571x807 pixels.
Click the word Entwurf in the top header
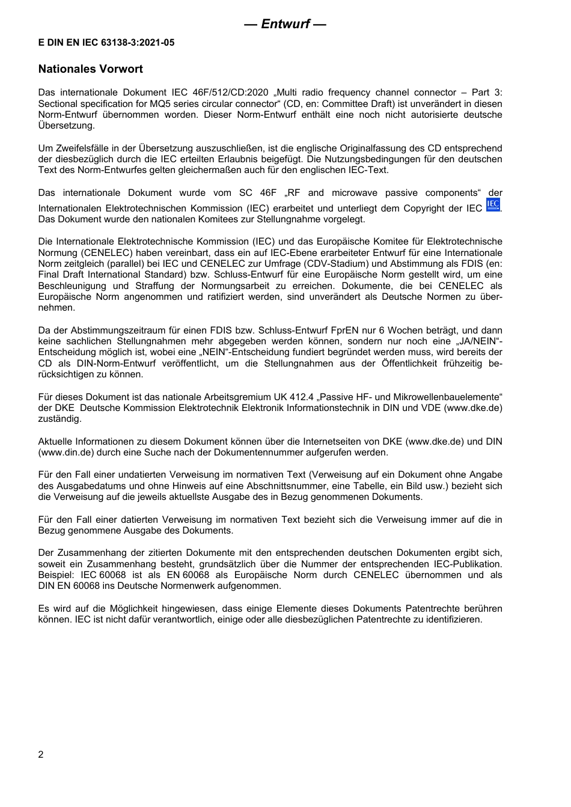285,24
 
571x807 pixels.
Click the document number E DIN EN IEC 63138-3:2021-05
106,43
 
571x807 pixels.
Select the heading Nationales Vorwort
90,69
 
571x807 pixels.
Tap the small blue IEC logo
493,205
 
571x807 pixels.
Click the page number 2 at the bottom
41,755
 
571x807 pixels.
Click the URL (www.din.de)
63,452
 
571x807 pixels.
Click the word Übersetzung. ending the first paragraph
66,126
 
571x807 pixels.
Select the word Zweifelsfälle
85,148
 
